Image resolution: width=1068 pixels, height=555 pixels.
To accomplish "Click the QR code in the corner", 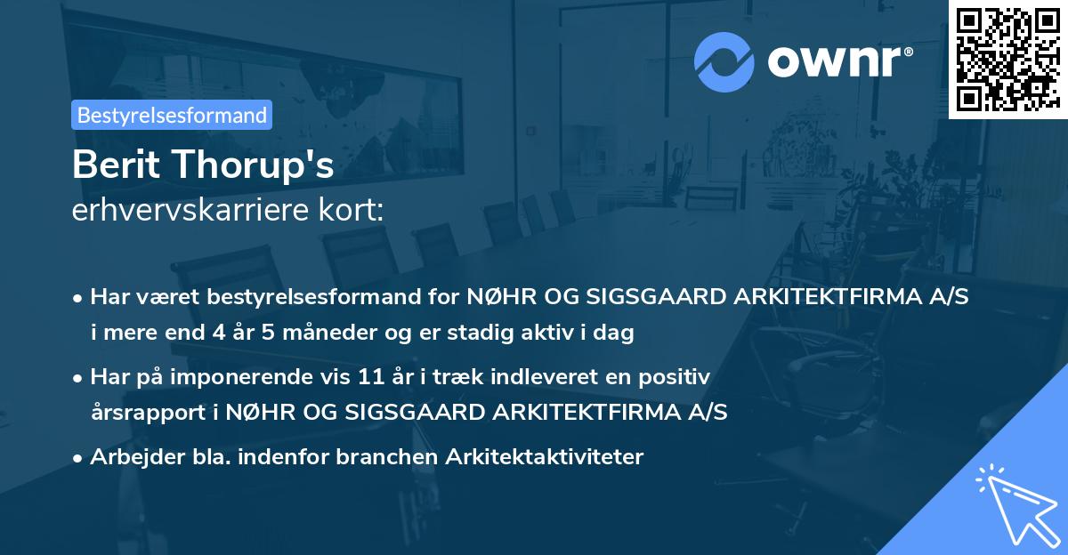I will (1007, 60).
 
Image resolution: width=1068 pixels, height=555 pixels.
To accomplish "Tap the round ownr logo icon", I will (724, 60).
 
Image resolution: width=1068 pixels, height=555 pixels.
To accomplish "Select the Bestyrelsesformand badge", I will (172, 115).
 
